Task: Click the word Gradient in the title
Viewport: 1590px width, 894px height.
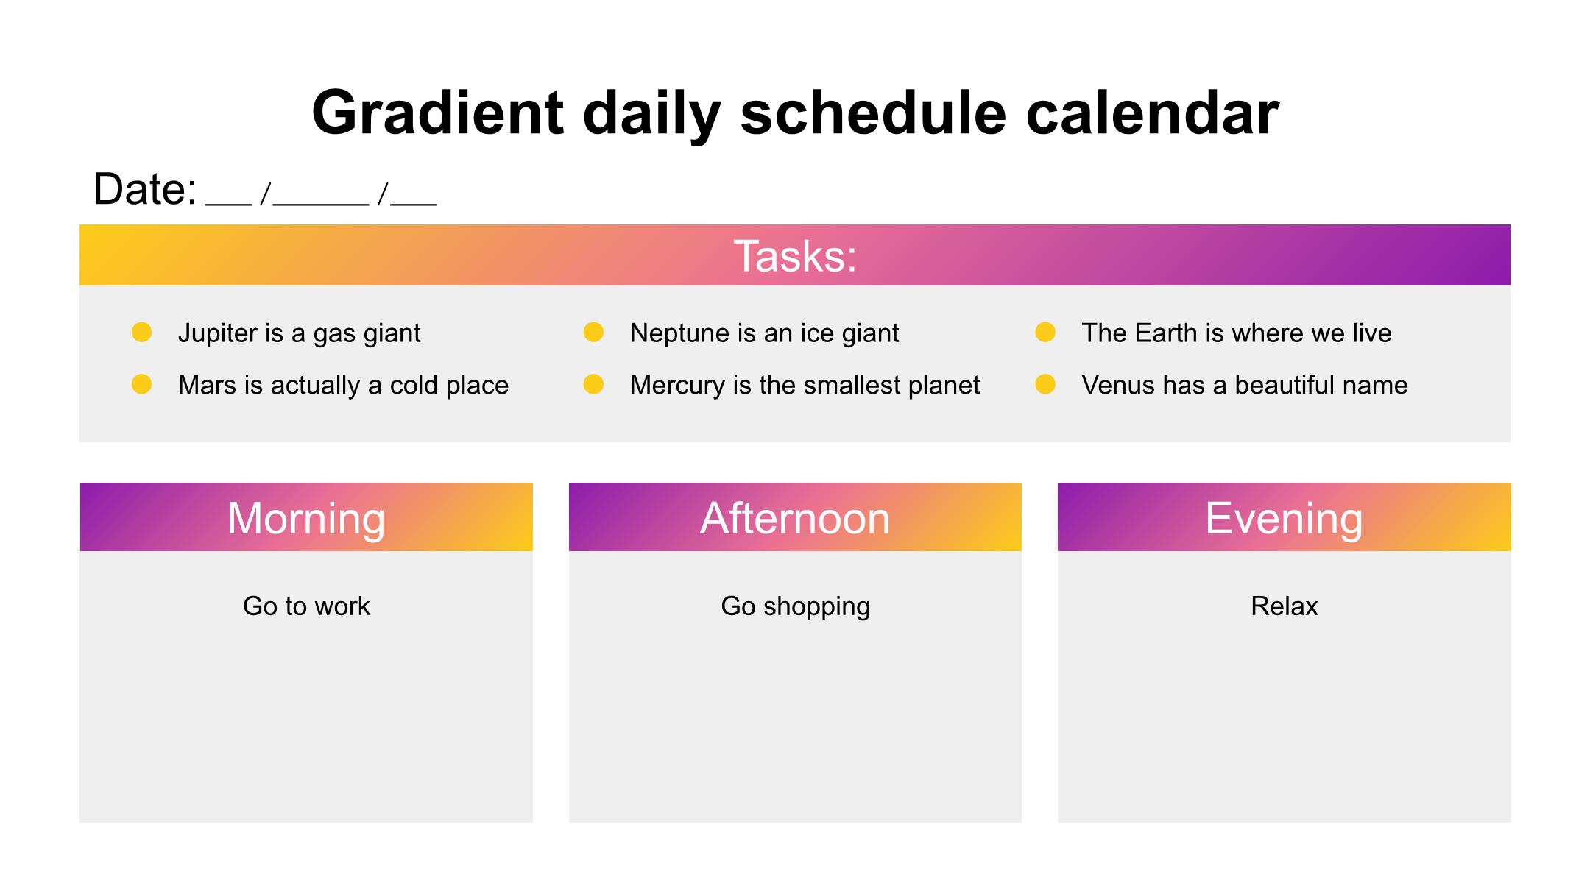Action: [438, 113]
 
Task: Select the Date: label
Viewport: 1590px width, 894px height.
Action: [145, 189]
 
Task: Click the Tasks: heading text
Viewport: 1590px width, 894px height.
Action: [795, 256]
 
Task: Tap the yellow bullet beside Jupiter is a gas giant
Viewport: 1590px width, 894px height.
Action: [141, 333]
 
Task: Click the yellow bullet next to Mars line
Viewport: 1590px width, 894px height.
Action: [141, 384]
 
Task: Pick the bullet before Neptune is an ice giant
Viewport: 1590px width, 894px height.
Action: [593, 333]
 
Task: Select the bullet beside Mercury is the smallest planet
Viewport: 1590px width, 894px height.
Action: [593, 384]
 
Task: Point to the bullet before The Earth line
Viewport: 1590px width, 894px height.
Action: [1045, 333]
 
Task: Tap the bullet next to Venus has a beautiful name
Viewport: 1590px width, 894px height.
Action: [1045, 384]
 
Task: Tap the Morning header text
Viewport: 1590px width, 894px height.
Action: [306, 519]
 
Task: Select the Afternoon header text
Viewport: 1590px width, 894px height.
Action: [795, 518]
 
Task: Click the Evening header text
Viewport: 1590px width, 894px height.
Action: [1284, 519]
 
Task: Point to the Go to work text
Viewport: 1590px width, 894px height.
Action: [306, 606]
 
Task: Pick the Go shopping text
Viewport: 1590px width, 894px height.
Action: [795, 607]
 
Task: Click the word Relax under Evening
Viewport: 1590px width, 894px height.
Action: [1284, 606]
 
